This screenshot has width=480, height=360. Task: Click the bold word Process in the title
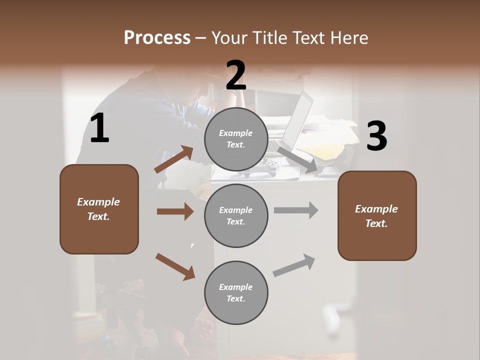(157, 37)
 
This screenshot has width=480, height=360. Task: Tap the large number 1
(99, 128)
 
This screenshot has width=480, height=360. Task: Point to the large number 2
(236, 75)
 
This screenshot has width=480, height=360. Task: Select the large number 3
(376, 136)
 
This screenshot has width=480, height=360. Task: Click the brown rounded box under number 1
(99, 209)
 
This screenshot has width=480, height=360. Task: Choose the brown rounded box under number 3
(377, 215)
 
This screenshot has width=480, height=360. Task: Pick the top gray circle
(236, 139)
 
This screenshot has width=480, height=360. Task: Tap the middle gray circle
(236, 215)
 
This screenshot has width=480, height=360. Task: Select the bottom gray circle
(236, 292)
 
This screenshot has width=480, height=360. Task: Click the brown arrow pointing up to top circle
(174, 159)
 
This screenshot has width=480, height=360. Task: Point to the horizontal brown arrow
(175, 211)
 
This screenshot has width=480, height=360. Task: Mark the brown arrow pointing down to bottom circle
(175, 266)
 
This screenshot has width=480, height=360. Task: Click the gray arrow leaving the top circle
(298, 160)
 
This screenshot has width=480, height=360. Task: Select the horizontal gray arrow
(295, 210)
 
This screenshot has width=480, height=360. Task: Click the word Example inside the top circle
(235, 133)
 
